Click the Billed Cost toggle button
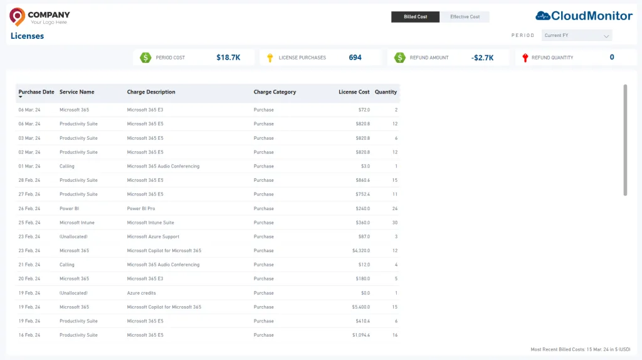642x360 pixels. tap(415, 17)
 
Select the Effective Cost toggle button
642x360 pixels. tap(465, 17)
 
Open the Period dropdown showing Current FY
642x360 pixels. tap(577, 36)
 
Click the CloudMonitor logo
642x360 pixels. tap(584, 16)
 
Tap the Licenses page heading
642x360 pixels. tap(27, 36)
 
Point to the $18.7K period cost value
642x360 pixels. tap(228, 58)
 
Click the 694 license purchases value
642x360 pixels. tap(355, 58)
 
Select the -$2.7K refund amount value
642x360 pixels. tap(482, 58)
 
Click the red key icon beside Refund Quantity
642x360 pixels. tap(525, 58)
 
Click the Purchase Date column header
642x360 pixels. tap(36, 92)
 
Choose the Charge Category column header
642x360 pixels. tap(275, 92)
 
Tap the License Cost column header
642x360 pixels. tap(354, 92)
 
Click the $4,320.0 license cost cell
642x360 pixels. tap(360, 251)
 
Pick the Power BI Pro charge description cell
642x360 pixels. tap(141, 208)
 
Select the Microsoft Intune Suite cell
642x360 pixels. tap(150, 223)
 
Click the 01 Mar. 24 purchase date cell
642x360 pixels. tap(29, 166)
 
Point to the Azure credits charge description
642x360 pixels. tap(141, 294)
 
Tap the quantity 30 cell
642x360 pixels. tap(395, 223)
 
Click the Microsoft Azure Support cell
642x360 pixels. tap(153, 236)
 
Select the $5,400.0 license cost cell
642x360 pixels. tap(360, 307)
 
